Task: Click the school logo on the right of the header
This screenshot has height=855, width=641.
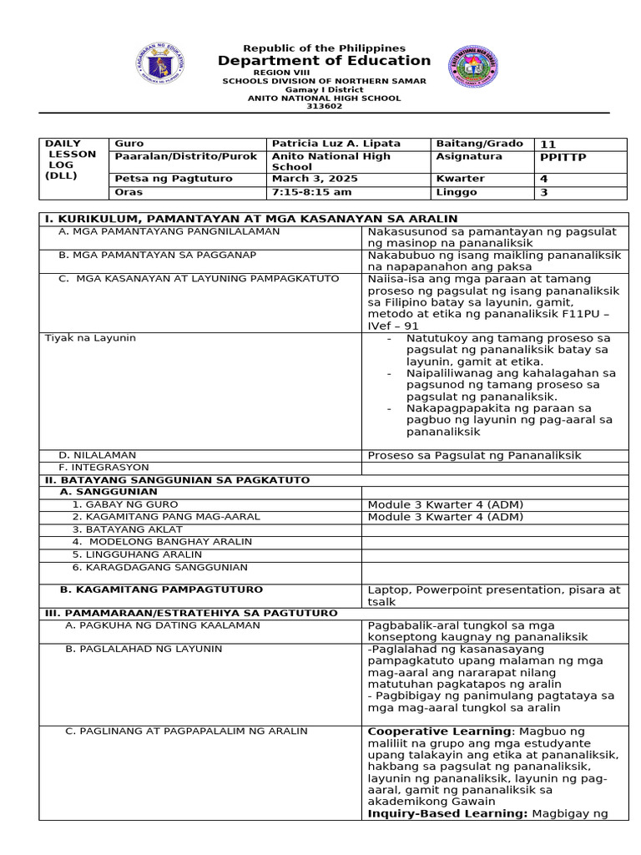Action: (x=473, y=67)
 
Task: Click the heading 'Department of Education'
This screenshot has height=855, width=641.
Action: (x=324, y=61)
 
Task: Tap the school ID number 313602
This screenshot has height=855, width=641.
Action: (x=324, y=106)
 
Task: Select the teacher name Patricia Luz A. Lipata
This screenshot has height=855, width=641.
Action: (x=335, y=144)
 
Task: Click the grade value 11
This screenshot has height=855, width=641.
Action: (x=548, y=144)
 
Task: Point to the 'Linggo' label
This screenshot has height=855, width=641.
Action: (x=457, y=192)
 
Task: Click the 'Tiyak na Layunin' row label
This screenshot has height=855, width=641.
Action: (x=89, y=337)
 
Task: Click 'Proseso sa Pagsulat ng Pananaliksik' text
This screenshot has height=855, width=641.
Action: (x=474, y=455)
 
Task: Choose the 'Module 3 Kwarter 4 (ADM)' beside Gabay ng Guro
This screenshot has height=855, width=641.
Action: (x=445, y=504)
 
